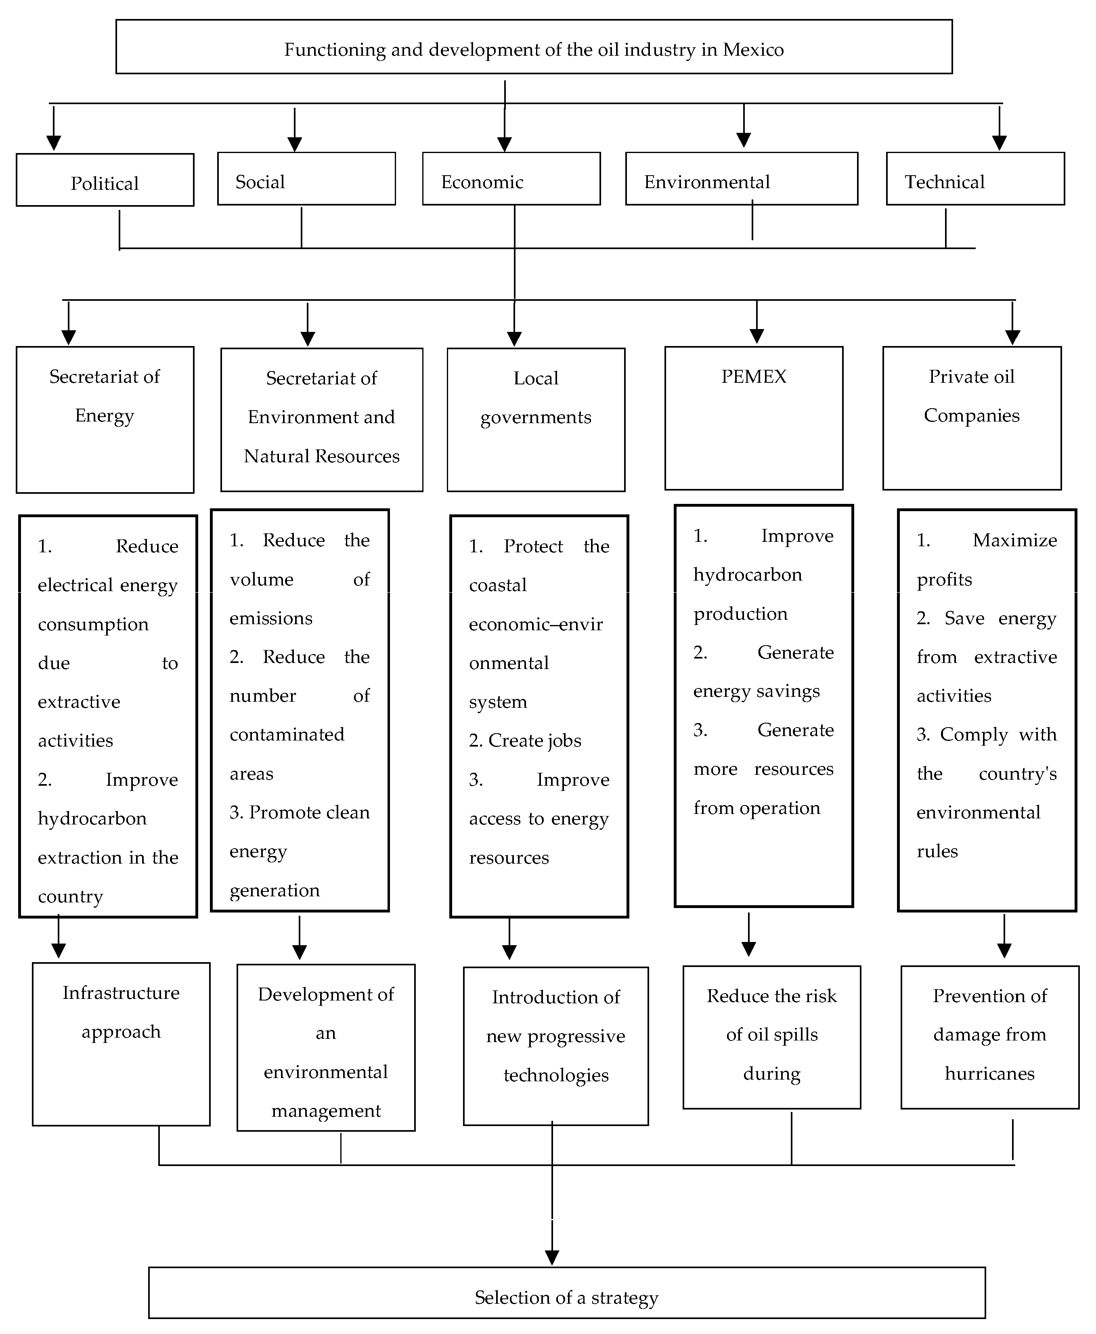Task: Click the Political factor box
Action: (x=105, y=180)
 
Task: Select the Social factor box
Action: (x=306, y=179)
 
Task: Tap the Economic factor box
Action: (x=511, y=179)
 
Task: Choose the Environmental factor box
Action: (x=741, y=179)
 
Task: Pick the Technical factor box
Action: (x=975, y=179)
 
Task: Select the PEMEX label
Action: (x=753, y=377)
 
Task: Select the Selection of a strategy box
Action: (x=566, y=1292)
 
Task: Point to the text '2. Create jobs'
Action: (x=525, y=740)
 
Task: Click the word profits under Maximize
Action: (x=944, y=579)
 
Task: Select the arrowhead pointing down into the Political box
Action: (x=54, y=143)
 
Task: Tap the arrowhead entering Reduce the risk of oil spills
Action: (x=748, y=949)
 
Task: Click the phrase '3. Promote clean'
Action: (x=299, y=812)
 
